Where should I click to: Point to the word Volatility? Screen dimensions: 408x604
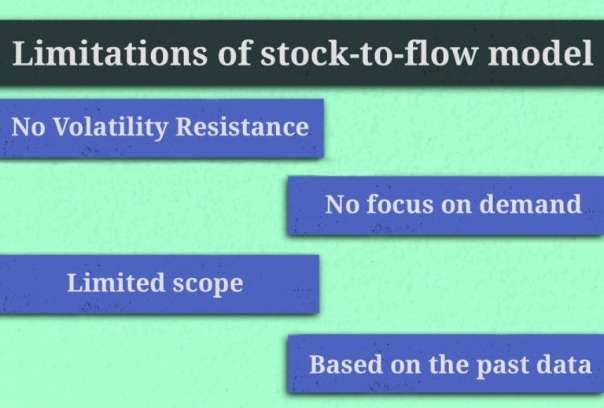[108, 127]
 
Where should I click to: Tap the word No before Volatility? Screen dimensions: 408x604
[28, 127]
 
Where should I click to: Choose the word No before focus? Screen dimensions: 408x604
[341, 205]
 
